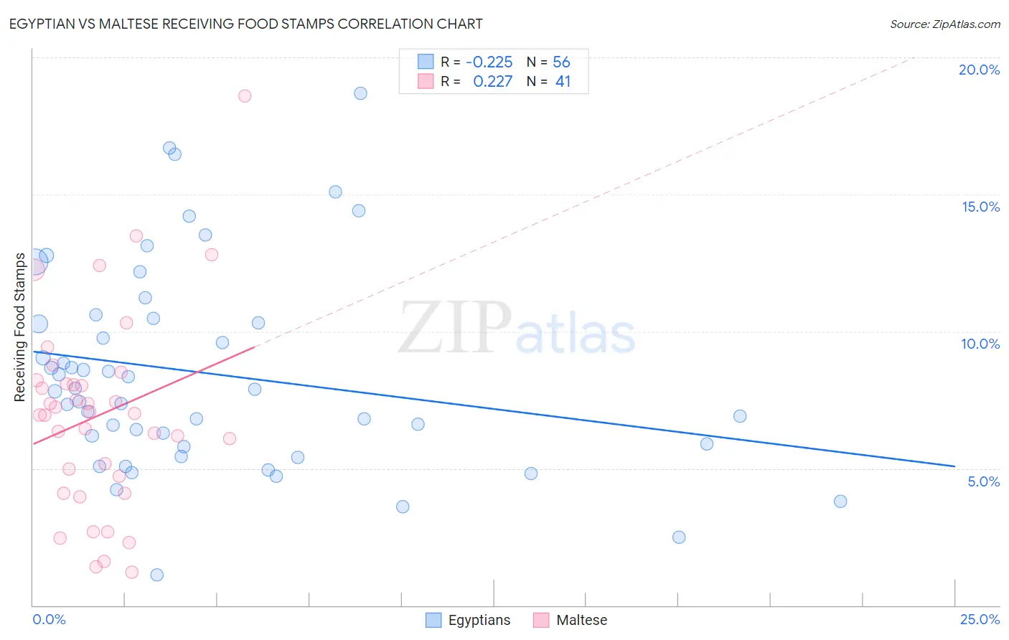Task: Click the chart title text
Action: [245, 24]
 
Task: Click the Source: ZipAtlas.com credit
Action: [944, 24]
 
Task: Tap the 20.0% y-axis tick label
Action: [979, 70]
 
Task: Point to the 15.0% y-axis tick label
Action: [980, 207]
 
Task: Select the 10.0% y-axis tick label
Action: [980, 344]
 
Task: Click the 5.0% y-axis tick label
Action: [983, 481]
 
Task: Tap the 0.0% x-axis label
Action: [49, 619]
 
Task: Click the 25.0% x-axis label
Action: [980, 619]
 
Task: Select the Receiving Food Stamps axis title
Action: [20, 327]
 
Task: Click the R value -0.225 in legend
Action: [489, 62]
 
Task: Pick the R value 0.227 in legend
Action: [492, 81]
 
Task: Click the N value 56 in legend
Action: [561, 62]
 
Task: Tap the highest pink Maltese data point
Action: [245, 96]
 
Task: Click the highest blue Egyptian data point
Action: [360, 93]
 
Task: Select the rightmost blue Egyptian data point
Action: [840, 502]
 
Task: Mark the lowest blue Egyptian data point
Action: [156, 575]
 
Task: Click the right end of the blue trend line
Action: [954, 466]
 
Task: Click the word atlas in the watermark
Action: [576, 334]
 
